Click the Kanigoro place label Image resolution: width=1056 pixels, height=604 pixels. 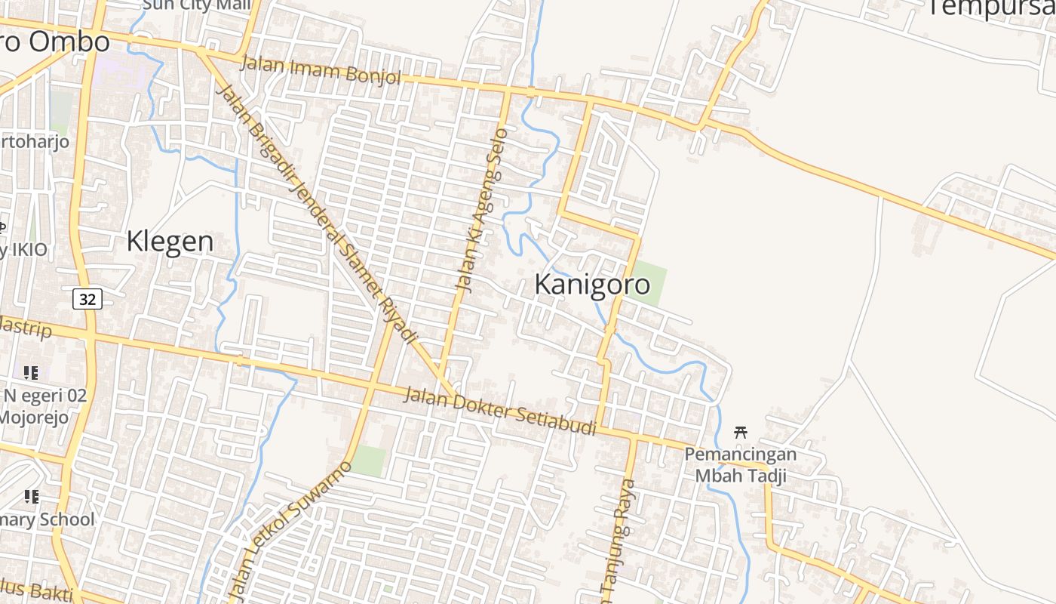pyautogui.click(x=592, y=285)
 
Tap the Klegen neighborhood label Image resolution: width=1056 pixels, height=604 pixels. pyautogui.click(x=170, y=242)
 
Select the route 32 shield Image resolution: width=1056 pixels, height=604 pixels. pyautogui.click(x=87, y=300)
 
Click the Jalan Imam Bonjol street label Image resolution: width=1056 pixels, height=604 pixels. pyautogui.click(x=321, y=70)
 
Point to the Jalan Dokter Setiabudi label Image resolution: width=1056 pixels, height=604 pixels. pyautogui.click(x=499, y=411)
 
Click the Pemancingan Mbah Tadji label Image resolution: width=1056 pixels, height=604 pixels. pyautogui.click(x=741, y=465)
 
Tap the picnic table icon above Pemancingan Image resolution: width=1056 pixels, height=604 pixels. pyautogui.click(x=741, y=432)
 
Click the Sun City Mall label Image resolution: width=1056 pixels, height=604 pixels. pyautogui.click(x=196, y=5)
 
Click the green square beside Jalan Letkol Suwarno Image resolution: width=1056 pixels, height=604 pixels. pyautogui.click(x=370, y=461)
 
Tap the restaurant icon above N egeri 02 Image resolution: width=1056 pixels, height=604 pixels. pyautogui.click(x=31, y=372)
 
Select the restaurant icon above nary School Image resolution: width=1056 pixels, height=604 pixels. pyautogui.click(x=31, y=497)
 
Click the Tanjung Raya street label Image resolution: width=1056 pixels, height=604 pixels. pyautogui.click(x=619, y=540)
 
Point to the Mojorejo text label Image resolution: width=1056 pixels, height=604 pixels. pyautogui.click(x=34, y=417)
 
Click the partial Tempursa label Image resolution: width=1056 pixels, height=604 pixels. pyautogui.click(x=990, y=8)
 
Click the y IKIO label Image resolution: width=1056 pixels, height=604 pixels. pyautogui.click(x=24, y=250)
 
